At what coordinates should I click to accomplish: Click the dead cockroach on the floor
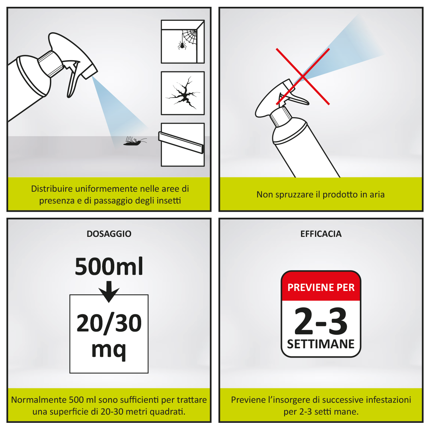(x=134, y=142)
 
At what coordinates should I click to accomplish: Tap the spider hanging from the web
(x=181, y=45)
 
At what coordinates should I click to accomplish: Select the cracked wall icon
(x=183, y=94)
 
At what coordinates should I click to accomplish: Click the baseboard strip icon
(x=181, y=142)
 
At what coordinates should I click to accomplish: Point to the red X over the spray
(x=303, y=77)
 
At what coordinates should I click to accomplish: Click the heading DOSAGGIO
(x=109, y=234)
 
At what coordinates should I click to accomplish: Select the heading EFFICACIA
(x=321, y=234)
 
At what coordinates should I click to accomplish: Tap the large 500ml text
(x=109, y=267)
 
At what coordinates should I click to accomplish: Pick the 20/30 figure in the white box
(x=109, y=323)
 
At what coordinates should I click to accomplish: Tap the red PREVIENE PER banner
(x=321, y=287)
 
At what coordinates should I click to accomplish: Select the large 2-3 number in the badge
(x=321, y=321)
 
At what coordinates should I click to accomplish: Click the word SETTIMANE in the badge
(x=321, y=344)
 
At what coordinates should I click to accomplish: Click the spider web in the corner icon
(x=190, y=36)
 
